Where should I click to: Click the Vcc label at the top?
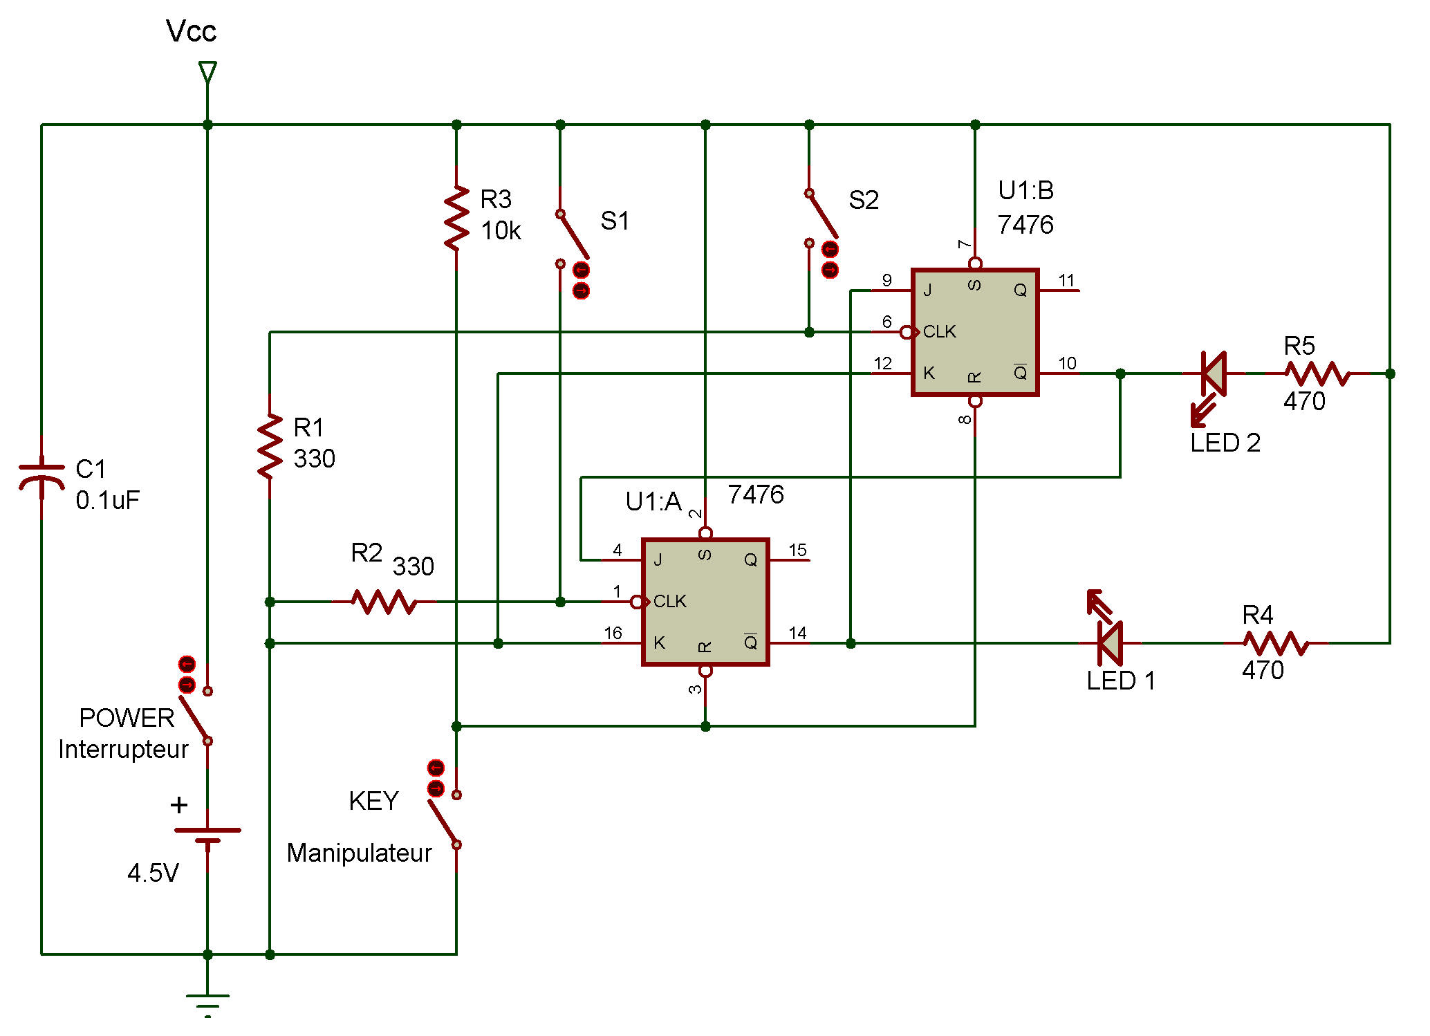(x=192, y=31)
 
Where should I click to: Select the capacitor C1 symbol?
(x=41, y=477)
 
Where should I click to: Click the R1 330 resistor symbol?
(x=270, y=446)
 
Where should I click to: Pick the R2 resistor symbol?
(x=384, y=602)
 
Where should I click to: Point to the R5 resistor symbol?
(x=1317, y=373)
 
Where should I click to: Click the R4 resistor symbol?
(x=1276, y=643)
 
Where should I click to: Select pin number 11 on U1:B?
(x=1066, y=280)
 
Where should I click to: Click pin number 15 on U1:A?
(x=797, y=550)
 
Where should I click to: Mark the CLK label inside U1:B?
(x=939, y=332)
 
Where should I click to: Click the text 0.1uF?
(x=108, y=500)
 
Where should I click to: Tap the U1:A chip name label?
(x=653, y=501)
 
